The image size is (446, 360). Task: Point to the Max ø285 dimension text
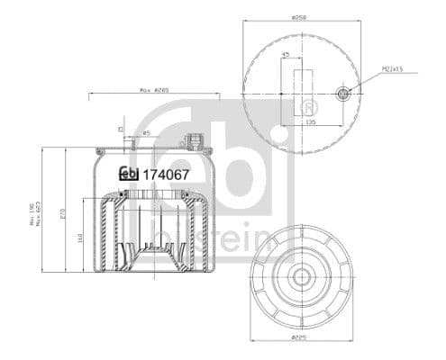tap(155, 90)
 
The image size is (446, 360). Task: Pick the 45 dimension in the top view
tap(286, 55)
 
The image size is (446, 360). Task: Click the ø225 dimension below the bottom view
tap(301, 340)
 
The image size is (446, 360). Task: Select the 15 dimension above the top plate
tap(120, 129)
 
